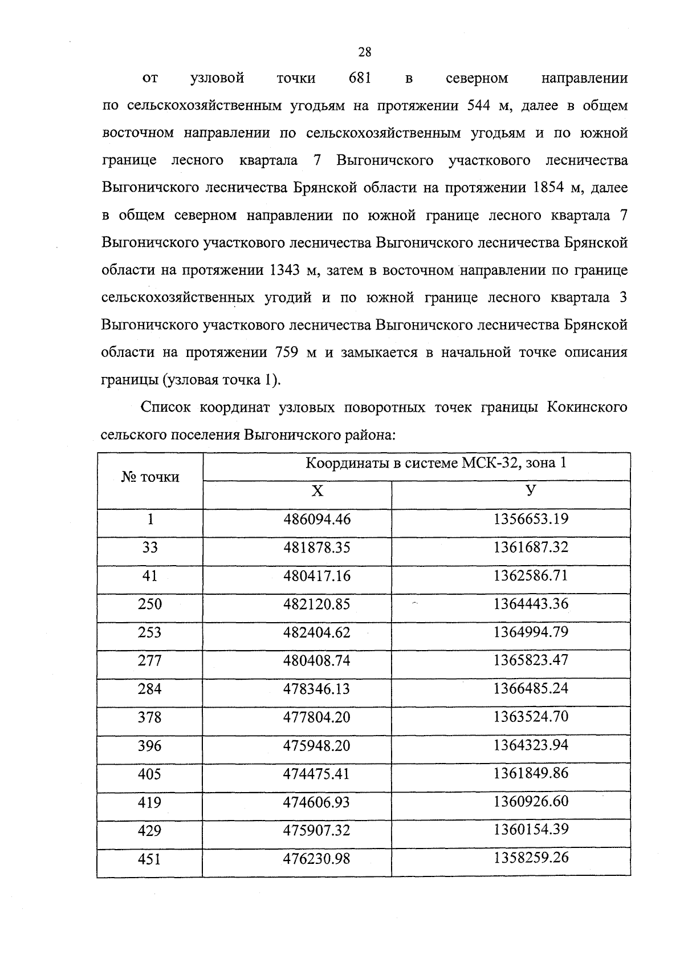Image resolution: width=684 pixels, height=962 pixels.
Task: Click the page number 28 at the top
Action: click(364, 52)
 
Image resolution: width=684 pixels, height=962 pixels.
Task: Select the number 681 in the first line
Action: click(360, 78)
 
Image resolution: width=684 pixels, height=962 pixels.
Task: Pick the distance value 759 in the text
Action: click(288, 352)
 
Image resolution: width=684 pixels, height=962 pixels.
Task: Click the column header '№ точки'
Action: click(150, 477)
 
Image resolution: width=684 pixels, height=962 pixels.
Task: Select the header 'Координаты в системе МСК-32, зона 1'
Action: click(436, 463)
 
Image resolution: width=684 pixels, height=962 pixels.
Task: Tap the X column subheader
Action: click(317, 491)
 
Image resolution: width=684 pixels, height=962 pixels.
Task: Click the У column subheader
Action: click(531, 490)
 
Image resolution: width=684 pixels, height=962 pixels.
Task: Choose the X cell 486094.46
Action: click(317, 519)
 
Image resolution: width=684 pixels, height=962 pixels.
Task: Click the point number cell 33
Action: click(150, 547)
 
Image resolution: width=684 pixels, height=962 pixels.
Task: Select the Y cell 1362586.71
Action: click(531, 575)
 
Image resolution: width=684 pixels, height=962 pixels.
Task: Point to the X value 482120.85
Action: click(317, 604)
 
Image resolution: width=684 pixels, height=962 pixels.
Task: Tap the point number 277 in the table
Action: click(150, 660)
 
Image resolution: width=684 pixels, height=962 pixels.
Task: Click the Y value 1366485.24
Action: click(531, 688)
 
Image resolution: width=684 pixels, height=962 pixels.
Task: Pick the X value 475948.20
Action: click(317, 745)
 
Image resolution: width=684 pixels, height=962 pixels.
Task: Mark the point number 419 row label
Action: click(150, 802)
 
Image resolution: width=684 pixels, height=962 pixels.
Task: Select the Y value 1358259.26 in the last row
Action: click(531, 858)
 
